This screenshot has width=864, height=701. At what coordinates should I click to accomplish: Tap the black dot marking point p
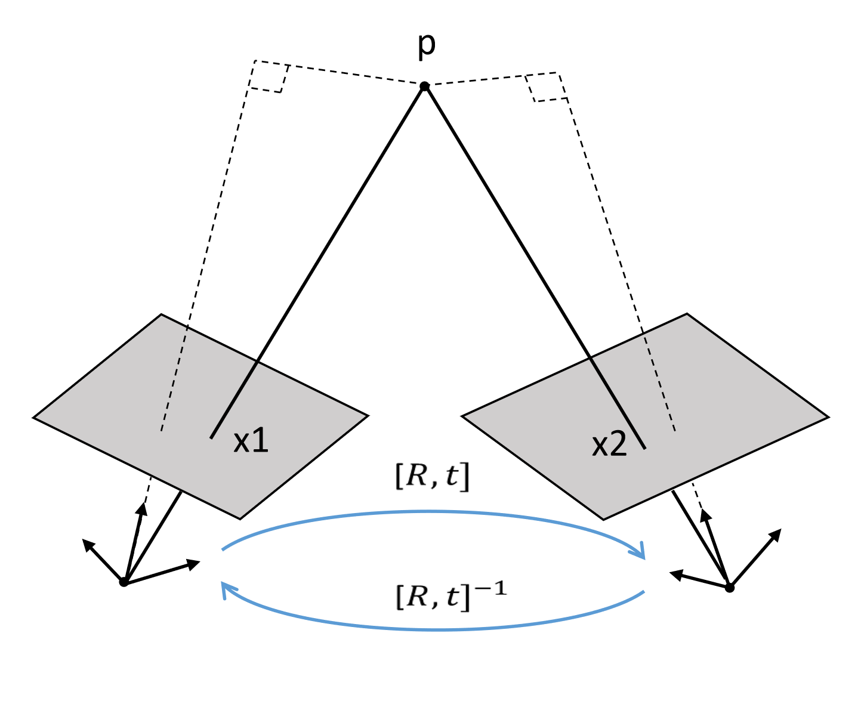[424, 87]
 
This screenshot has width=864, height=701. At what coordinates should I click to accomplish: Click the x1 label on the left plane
[251, 441]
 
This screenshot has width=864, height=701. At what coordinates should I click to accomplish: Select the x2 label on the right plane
[609, 446]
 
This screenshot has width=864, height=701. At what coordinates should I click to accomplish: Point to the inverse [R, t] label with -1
[450, 597]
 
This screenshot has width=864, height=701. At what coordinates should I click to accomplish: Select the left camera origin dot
[124, 582]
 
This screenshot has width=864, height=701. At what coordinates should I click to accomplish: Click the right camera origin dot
[729, 588]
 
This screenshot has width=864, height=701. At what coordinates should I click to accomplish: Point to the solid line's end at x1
[211, 438]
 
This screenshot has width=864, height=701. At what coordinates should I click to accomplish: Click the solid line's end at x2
[644, 447]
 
